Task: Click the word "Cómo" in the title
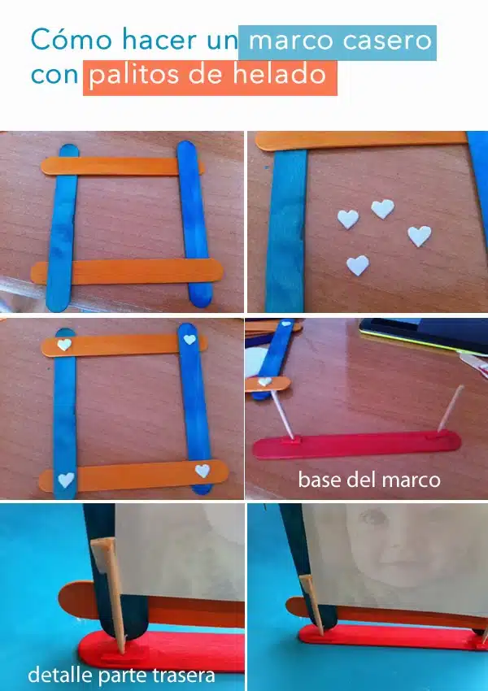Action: coord(72,39)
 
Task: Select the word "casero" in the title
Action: coord(387,41)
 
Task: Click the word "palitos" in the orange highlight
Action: coord(135,74)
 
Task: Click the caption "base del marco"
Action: coord(369,480)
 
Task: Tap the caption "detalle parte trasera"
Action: coord(122,675)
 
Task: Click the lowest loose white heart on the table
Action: coord(358,265)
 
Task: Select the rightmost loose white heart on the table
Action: coord(419,236)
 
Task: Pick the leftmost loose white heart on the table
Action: coord(348,219)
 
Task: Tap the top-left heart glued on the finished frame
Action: coord(64,344)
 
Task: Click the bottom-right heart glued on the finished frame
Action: coord(203,471)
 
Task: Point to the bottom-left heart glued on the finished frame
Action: coord(66,480)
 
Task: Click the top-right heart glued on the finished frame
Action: coord(190,339)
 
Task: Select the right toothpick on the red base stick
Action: coord(450,408)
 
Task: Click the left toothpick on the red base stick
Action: coord(281,415)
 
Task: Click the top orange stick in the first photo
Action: coord(123,166)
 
